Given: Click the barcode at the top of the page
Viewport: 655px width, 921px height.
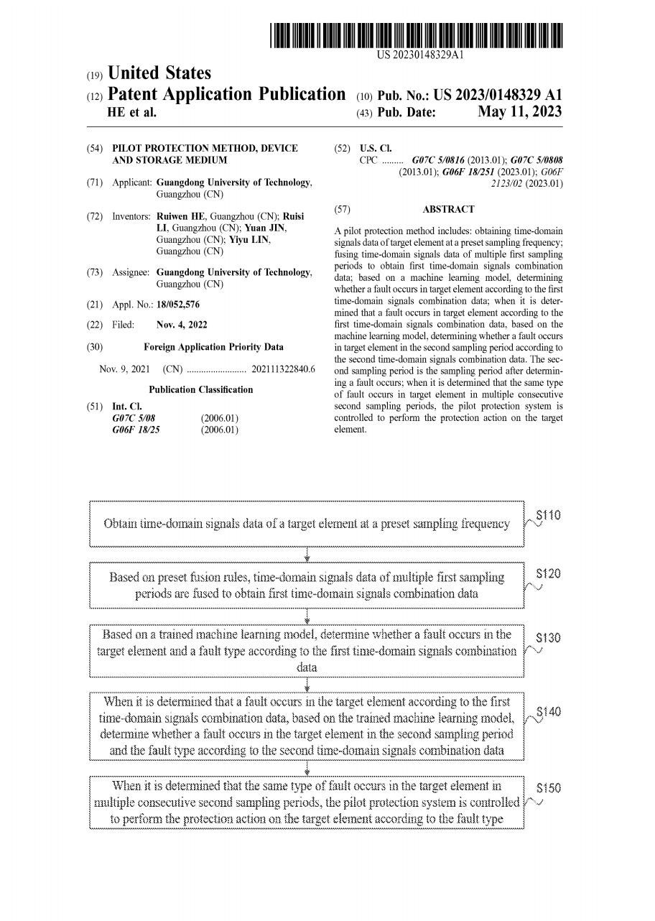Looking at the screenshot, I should coord(417,35).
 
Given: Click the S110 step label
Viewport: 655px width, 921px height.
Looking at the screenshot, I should coord(549,515).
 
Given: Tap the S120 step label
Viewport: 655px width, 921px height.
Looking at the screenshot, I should coord(549,574).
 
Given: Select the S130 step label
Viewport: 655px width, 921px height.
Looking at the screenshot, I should coord(549,638).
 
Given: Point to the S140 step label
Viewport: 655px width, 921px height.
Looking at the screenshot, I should coord(549,712).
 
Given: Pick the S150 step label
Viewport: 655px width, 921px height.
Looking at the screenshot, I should coord(549,787).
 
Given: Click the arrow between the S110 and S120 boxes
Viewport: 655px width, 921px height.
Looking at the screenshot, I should coord(307,555).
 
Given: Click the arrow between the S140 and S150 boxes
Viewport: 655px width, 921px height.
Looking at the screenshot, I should coord(307,768).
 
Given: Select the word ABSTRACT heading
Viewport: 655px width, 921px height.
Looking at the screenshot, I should coord(448,209).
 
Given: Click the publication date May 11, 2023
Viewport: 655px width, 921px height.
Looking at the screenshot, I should coord(520,112).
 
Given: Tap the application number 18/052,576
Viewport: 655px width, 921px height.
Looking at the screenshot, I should coord(177,305).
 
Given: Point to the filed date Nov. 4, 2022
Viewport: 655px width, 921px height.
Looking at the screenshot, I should coord(182,325).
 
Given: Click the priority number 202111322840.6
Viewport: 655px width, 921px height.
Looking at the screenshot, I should coord(284,369).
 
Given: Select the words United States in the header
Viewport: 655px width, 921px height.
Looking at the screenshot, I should coord(159,73).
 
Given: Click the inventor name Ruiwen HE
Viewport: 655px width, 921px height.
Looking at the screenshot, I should coord(181,216).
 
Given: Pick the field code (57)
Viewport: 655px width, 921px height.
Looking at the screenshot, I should coord(343,209).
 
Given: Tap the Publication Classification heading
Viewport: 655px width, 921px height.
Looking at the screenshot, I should coord(201,389).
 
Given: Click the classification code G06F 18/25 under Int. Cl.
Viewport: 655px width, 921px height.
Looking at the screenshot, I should coord(134,430).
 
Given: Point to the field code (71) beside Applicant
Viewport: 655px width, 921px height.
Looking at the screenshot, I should coord(94,182).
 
